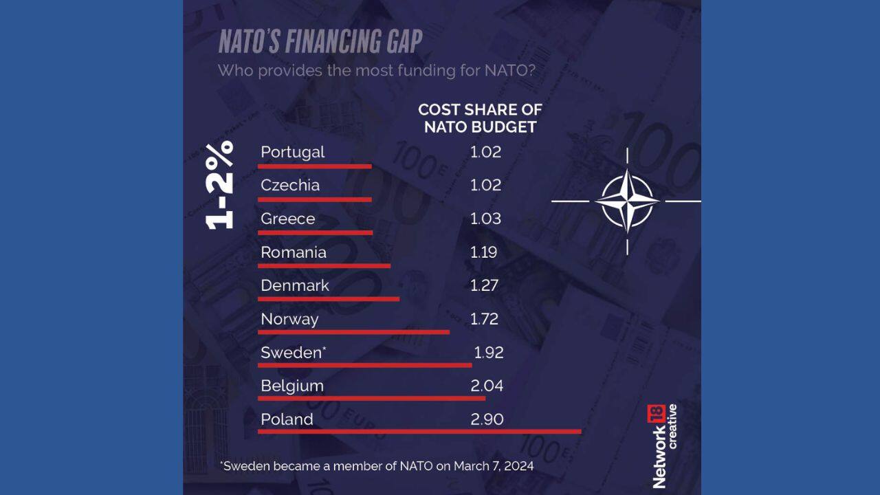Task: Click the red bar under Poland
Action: [419, 432]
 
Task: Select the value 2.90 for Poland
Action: [487, 419]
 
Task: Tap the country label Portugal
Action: [293, 152]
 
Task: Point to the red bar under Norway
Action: [354, 331]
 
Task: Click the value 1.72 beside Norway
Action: [485, 319]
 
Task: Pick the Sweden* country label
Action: [294, 353]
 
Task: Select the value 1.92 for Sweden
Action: [489, 353]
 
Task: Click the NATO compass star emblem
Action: [626, 201]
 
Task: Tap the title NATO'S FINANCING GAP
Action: [320, 42]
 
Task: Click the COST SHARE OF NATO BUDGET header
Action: [480, 118]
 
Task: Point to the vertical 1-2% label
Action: [220, 185]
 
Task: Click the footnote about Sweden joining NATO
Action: [377, 465]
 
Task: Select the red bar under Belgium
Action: [372, 398]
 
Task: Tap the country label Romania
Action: [294, 252]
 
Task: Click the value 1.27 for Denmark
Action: [485, 285]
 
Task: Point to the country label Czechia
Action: [290, 186]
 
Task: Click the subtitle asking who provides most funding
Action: [377, 70]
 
